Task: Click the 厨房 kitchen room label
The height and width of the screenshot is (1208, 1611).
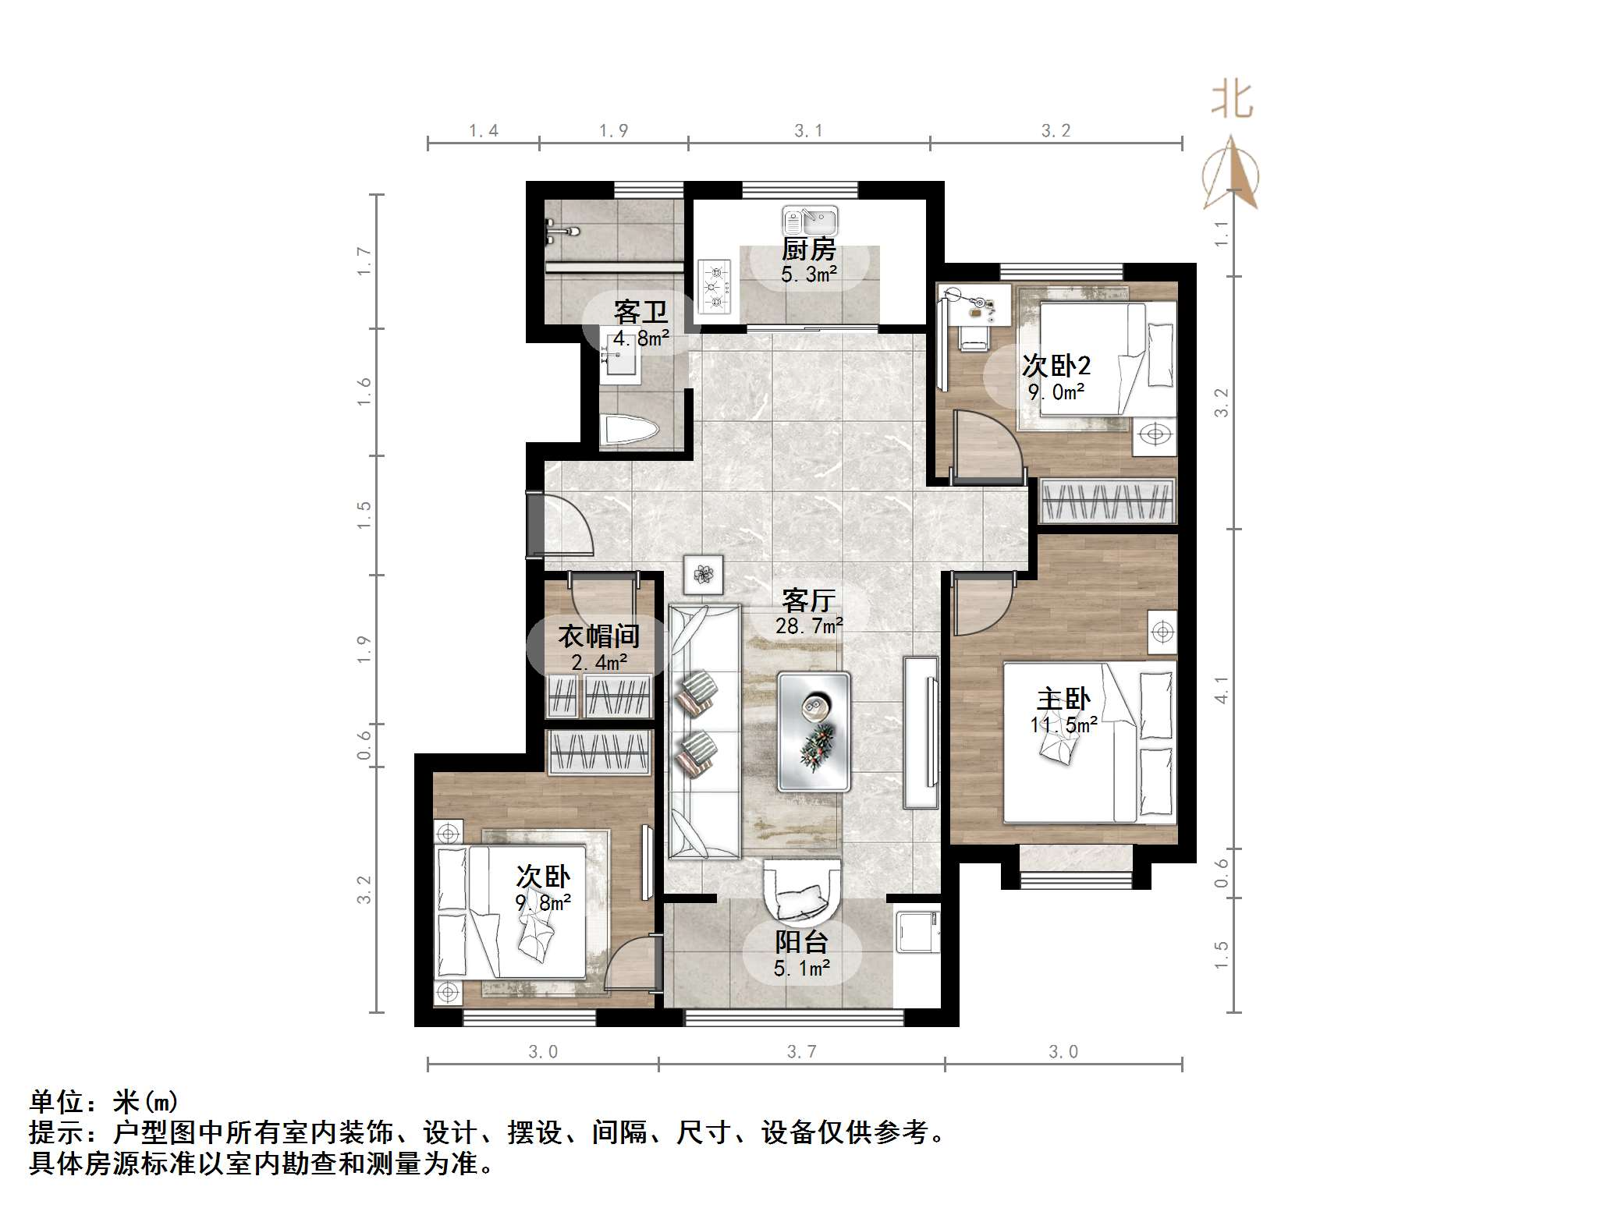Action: coord(808,250)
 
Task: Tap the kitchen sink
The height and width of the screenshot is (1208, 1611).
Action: coord(810,221)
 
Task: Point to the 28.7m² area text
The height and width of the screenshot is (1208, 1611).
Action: coord(809,625)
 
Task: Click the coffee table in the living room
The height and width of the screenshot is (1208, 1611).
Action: coord(814,732)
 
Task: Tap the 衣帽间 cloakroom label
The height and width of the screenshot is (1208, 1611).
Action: coord(598,636)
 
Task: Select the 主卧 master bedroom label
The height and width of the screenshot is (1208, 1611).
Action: coord(1063,699)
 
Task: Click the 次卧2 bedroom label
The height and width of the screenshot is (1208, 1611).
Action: coord(1056,365)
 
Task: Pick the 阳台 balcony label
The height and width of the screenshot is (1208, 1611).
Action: coord(801,942)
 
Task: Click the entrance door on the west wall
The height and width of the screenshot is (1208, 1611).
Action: coord(535,524)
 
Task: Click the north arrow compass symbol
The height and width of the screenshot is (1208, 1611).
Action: coord(1230,175)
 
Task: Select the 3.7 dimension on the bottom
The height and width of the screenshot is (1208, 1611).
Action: coord(801,1052)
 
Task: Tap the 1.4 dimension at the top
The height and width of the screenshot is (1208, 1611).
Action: coord(484,131)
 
